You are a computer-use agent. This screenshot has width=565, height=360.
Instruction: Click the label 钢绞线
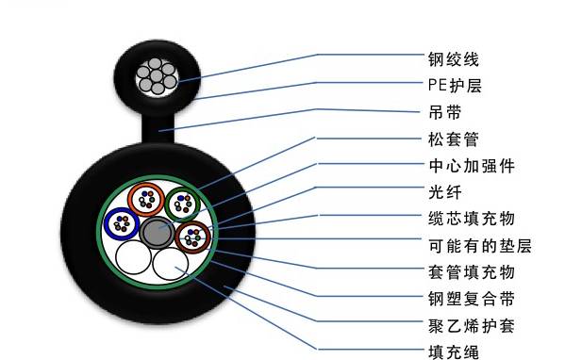pos(453,59)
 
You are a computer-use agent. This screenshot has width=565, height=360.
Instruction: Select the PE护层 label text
pos(455,86)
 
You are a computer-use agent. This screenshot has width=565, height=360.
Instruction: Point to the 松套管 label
pos(453,139)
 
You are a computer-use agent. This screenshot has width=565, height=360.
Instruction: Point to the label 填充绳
pos(453,352)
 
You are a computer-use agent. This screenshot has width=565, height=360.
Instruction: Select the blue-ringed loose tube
pos(121,222)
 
